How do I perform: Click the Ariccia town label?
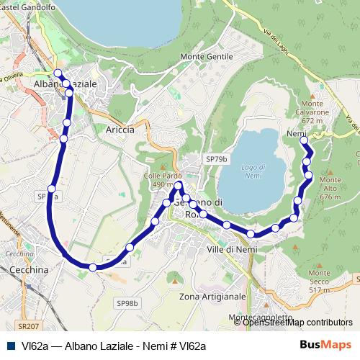120,130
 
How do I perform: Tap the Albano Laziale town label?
65,84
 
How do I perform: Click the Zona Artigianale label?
212,297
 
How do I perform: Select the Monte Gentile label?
207,56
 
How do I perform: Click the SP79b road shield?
216,158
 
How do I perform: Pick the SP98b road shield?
127,303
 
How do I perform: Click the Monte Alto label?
330,187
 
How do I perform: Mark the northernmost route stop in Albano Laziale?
58,73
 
